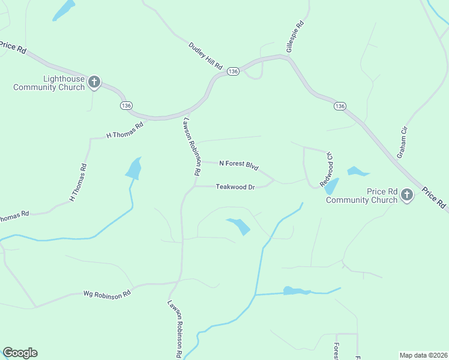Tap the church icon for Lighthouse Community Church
[x=94, y=82]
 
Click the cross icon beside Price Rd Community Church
[x=407, y=194]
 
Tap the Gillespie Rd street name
[x=295, y=37]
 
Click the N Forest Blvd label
[x=238, y=164]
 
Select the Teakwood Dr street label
[x=236, y=187]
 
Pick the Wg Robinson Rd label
[x=107, y=294]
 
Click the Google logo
[x=20, y=353]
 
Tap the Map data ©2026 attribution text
[x=423, y=355]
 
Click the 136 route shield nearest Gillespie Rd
[x=234, y=71]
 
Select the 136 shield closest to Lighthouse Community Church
[x=126, y=105]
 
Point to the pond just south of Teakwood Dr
[x=240, y=226]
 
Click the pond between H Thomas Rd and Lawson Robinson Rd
[x=134, y=169]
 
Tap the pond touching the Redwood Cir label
[x=331, y=186]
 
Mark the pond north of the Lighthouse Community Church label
[x=64, y=10]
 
